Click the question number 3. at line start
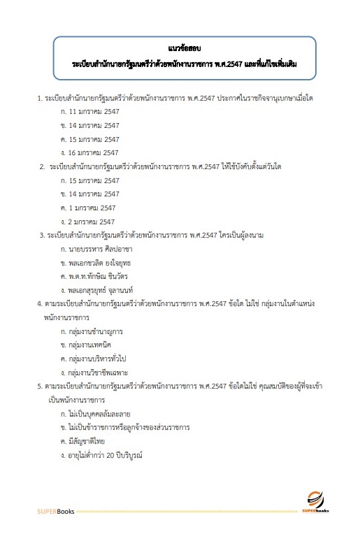tap(42, 235)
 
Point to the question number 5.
tap(40, 386)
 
